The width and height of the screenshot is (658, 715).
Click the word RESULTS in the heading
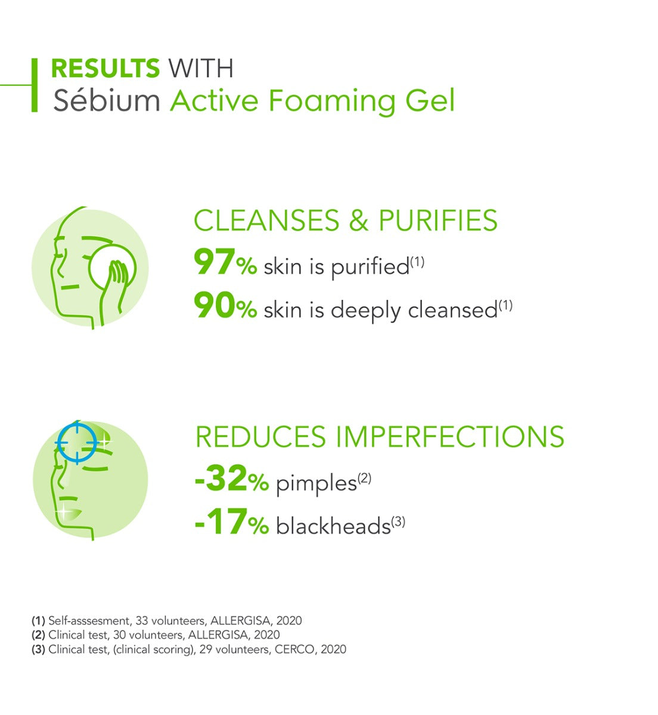105,68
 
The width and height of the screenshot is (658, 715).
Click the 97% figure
225,262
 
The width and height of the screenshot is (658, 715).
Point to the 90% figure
225,305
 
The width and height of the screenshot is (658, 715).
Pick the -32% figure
232,478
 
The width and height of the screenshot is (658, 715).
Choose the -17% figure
232,521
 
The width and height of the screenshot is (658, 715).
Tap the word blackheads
333,526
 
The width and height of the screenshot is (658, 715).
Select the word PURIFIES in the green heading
438,220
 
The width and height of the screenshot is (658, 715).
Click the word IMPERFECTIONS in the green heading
450,437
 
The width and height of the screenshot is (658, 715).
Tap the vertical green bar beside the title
35,85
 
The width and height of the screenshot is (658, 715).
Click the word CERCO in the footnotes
294,649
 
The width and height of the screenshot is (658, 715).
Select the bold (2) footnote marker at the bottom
39,635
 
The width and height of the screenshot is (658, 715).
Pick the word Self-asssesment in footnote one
89,620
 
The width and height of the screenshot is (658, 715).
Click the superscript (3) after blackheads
398,522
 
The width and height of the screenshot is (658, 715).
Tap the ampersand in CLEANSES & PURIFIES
358,220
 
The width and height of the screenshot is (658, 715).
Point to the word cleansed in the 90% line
452,309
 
